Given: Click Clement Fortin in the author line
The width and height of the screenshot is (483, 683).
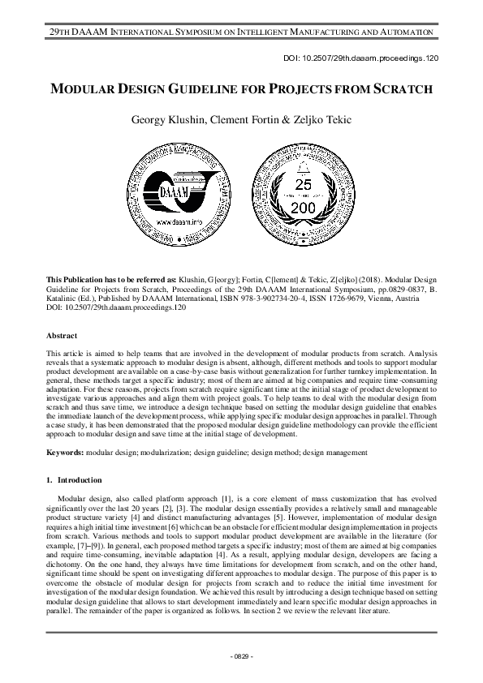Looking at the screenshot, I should (x=244, y=122).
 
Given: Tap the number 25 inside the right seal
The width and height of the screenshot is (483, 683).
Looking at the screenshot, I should (x=303, y=186).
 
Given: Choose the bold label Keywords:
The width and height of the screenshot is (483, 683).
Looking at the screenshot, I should (x=65, y=451).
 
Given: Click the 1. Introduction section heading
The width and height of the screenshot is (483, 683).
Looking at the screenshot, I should (x=79, y=480).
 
